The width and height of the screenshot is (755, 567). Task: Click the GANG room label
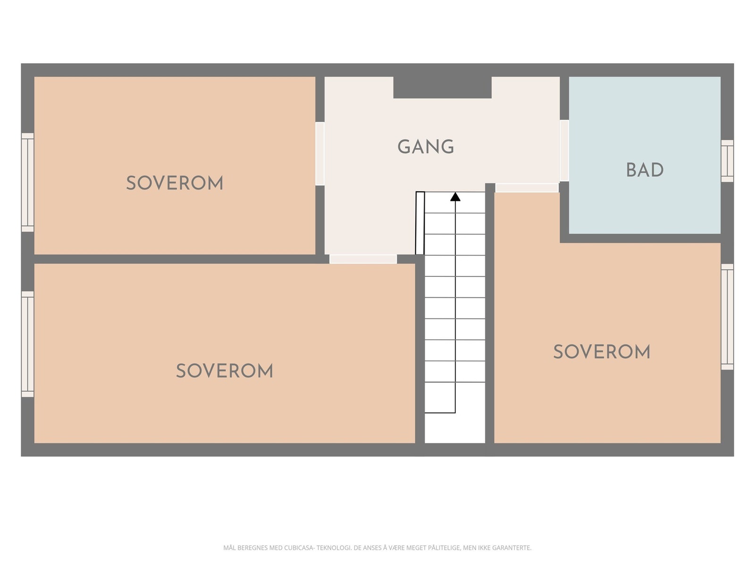pyautogui.click(x=426, y=146)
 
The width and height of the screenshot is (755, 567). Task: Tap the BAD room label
pyautogui.click(x=645, y=170)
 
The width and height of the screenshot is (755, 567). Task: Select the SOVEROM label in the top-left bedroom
pyautogui.click(x=175, y=183)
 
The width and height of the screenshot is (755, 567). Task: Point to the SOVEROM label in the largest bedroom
pyautogui.click(x=225, y=371)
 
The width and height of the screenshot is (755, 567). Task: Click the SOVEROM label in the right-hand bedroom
pyautogui.click(x=602, y=352)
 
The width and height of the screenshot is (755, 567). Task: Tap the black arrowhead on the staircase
pyautogui.click(x=455, y=197)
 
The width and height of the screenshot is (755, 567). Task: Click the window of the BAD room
pyautogui.click(x=727, y=161)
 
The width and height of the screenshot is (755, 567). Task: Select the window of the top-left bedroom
pyautogui.click(x=27, y=182)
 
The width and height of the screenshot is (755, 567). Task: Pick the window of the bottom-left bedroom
pyautogui.click(x=27, y=344)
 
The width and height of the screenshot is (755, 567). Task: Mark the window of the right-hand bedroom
pyautogui.click(x=727, y=317)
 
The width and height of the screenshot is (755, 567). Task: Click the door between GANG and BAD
pyautogui.click(x=564, y=150)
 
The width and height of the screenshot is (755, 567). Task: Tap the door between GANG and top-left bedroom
pyautogui.click(x=320, y=154)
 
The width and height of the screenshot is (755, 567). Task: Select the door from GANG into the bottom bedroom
pyautogui.click(x=363, y=259)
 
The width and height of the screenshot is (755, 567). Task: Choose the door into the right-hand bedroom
pyautogui.click(x=527, y=188)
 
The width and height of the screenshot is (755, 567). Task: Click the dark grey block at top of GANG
pyautogui.click(x=442, y=87)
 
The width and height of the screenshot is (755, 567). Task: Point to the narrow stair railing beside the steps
pyautogui.click(x=419, y=223)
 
